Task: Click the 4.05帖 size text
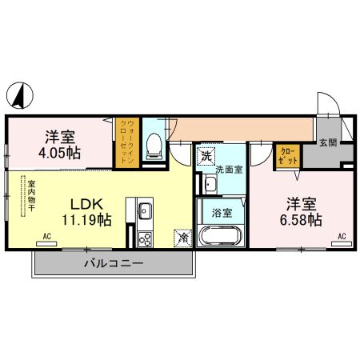click(x=61, y=150)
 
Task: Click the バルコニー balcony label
click(x=113, y=262)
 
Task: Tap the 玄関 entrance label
click(x=328, y=142)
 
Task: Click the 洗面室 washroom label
click(x=230, y=170)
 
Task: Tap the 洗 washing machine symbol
click(x=207, y=154)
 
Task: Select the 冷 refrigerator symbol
click(x=183, y=237)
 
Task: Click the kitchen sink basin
click(x=145, y=210)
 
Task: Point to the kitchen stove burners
click(x=145, y=238)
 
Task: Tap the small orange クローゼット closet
click(x=287, y=154)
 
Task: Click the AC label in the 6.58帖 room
click(x=342, y=236)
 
